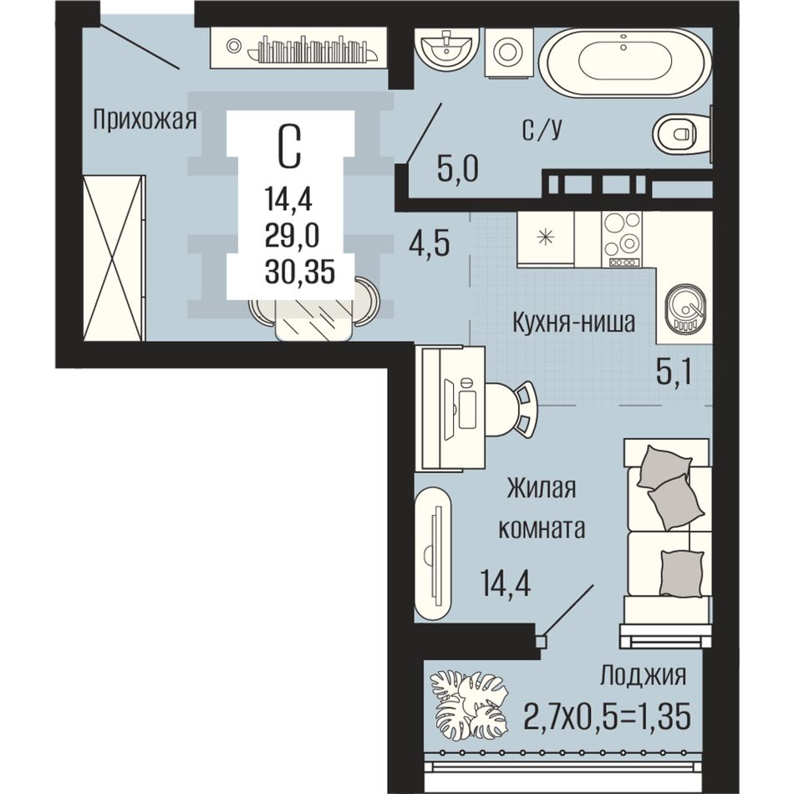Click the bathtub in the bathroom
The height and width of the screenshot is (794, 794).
click(x=625, y=63)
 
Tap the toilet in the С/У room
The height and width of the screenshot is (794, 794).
click(x=680, y=135)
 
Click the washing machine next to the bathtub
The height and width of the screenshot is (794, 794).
click(x=507, y=52)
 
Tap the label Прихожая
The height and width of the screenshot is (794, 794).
click(x=145, y=121)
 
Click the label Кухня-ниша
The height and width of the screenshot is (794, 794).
click(x=573, y=322)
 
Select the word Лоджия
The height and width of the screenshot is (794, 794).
click(x=643, y=676)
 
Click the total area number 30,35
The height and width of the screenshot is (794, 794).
click(x=300, y=272)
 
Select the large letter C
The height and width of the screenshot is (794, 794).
click(x=290, y=145)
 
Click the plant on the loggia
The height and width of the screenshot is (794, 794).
click(x=468, y=704)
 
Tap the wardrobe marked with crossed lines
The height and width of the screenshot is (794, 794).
click(x=114, y=257)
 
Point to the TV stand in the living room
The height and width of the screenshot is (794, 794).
click(x=433, y=554)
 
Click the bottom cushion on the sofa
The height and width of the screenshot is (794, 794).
click(x=681, y=573)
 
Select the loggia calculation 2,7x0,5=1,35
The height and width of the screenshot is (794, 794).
click(x=608, y=716)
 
